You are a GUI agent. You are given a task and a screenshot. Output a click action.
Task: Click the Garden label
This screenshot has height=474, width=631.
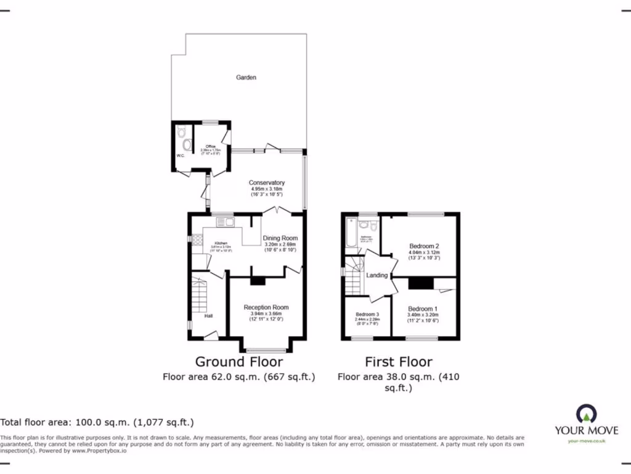click(x=246, y=78)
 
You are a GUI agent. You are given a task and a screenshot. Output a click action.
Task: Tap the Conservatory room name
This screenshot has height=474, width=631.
click(x=266, y=183)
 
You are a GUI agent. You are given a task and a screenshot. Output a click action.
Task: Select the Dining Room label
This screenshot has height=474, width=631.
click(x=280, y=238)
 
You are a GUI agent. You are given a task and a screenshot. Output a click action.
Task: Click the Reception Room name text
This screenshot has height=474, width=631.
click(x=266, y=307)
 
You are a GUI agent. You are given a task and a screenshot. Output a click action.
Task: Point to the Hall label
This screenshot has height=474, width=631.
click(x=209, y=317)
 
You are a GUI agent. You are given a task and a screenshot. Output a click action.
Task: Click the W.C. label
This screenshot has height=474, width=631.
click(x=180, y=156)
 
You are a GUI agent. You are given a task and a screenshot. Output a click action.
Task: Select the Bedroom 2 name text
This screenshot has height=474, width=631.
click(x=424, y=246)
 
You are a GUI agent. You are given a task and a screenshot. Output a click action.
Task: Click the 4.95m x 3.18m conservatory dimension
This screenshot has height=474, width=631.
click(x=266, y=189)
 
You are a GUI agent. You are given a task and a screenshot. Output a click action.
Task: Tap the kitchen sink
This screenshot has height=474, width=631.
click(x=224, y=222)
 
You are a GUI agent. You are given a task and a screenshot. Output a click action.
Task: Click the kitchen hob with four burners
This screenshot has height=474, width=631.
click(x=197, y=241)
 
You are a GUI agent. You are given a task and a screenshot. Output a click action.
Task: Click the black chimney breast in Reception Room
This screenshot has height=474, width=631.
click(x=258, y=281)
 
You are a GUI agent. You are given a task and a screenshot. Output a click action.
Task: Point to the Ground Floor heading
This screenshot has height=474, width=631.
click(x=239, y=362)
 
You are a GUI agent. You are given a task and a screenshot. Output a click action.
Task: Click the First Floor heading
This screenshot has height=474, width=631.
click(x=399, y=362)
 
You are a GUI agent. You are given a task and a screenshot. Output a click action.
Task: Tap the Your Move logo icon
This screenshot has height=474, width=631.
click(x=585, y=414)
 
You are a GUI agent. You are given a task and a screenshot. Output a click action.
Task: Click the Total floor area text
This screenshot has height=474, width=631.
click(x=97, y=423)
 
